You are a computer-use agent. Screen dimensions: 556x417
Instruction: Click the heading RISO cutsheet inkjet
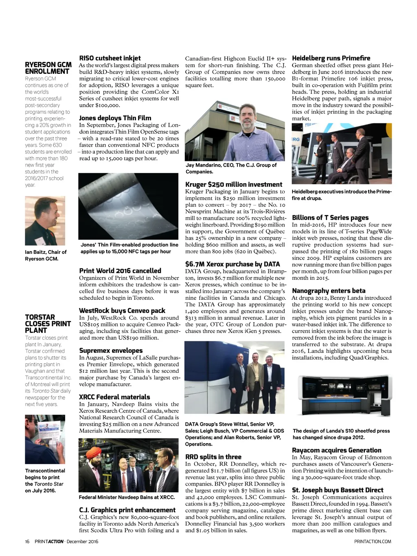[x=110, y=58]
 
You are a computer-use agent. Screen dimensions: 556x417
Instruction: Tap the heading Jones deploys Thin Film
[x=115, y=118]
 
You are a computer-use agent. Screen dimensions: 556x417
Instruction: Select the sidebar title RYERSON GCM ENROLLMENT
[x=48, y=68]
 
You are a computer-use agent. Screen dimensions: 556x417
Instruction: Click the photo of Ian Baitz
[x=45, y=220]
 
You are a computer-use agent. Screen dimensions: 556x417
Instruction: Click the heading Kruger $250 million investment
[x=233, y=185]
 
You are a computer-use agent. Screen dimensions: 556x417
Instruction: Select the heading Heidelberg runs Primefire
[x=331, y=58]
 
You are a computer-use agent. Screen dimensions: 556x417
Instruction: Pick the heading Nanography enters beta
[x=329, y=291]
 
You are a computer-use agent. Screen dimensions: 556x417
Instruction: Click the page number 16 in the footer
[x=27, y=541]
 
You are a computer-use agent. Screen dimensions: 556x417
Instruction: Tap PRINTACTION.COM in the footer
[x=373, y=541]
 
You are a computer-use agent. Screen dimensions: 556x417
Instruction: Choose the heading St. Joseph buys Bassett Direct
[x=338, y=490]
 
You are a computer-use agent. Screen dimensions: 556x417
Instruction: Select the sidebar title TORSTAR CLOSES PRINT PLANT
[x=48, y=324]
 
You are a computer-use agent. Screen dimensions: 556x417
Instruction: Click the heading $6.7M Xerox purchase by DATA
[x=233, y=264]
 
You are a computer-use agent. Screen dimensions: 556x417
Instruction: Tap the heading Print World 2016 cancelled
[x=120, y=271]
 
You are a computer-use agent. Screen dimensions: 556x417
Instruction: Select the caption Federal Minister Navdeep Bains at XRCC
[x=127, y=497]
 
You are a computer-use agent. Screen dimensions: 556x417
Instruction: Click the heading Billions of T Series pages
[x=330, y=218]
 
